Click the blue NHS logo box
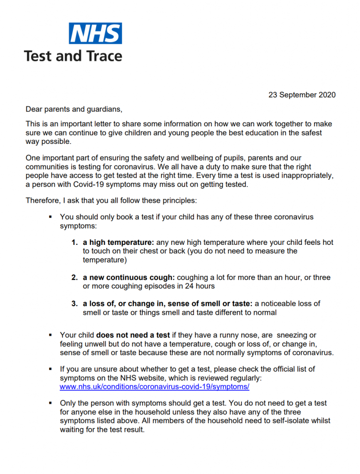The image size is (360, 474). click(x=95, y=33)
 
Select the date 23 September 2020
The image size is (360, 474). click(x=302, y=95)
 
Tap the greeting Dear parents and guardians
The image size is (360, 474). click(x=74, y=109)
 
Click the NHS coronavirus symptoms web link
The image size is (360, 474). click(x=155, y=387)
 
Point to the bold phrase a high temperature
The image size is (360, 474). click(x=118, y=243)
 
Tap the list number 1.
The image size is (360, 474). click(x=74, y=243)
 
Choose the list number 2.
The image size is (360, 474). click(x=74, y=278)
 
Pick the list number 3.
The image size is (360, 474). click(x=74, y=304)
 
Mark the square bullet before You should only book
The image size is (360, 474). click(x=50, y=217)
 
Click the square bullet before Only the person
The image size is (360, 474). click(x=50, y=404)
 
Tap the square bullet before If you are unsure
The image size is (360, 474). click(x=50, y=369)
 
